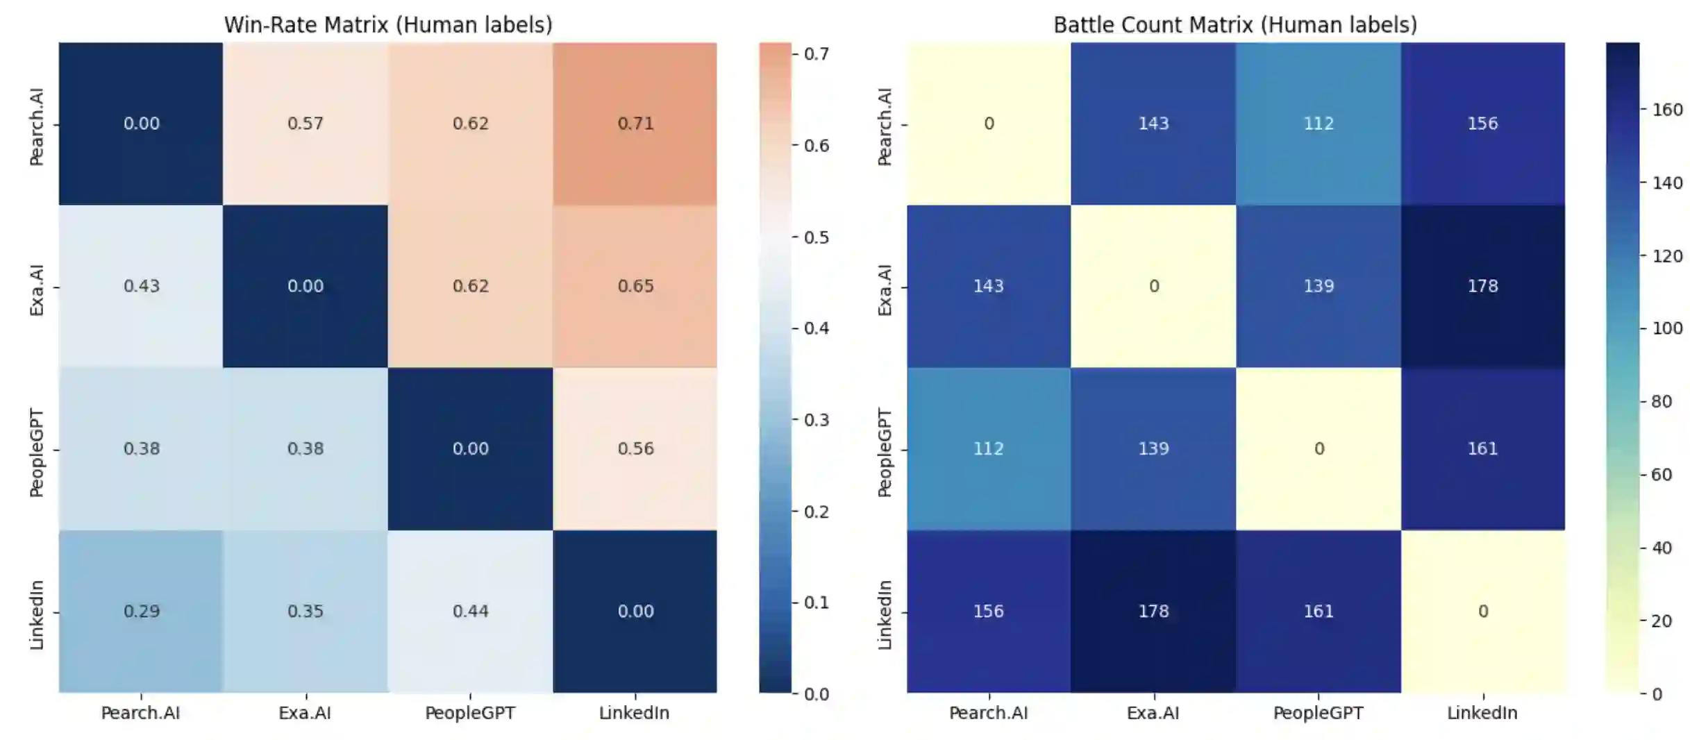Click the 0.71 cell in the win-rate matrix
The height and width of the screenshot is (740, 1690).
[635, 124]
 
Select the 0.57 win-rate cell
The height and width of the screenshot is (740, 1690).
[306, 124]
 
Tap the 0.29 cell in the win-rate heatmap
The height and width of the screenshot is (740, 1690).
[141, 612]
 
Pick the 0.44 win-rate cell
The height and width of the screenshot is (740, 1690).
[470, 612]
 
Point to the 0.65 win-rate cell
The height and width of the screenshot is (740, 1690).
[635, 286]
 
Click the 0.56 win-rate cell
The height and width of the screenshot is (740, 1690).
[635, 448]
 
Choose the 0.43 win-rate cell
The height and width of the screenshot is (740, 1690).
[141, 286]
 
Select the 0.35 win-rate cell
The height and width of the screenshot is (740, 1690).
[306, 612]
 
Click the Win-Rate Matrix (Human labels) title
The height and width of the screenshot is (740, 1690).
[387, 25]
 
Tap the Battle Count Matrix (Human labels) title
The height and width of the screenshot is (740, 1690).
[1235, 25]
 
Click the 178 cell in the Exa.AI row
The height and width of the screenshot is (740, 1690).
[1482, 286]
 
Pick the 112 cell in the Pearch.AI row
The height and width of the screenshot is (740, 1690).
[1318, 124]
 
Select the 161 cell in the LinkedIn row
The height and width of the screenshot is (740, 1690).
[1318, 612]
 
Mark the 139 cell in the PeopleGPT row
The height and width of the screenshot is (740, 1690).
[1153, 448]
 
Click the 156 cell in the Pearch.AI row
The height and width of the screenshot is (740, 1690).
[1482, 124]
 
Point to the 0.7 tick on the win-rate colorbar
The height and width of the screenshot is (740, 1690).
[817, 54]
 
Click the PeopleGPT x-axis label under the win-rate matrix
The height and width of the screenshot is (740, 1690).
[470, 713]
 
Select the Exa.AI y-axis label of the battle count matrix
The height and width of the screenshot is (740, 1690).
[885, 290]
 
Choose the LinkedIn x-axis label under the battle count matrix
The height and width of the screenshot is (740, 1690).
[1482, 713]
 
